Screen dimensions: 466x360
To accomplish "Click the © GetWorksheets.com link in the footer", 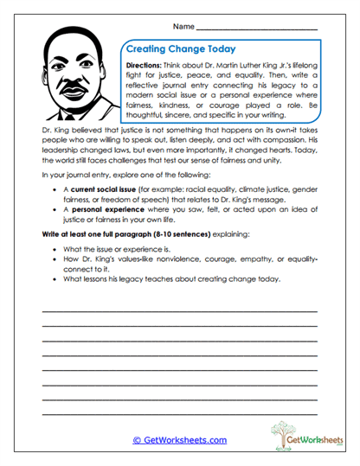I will click(x=180, y=440).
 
